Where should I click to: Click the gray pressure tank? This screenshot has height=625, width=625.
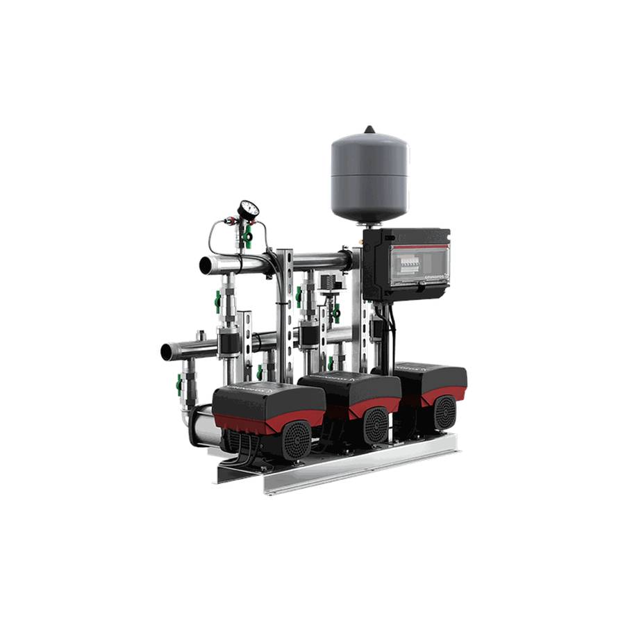(x=369, y=174)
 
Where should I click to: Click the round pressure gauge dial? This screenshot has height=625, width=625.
(x=248, y=209)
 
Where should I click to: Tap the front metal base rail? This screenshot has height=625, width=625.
(x=361, y=465)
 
